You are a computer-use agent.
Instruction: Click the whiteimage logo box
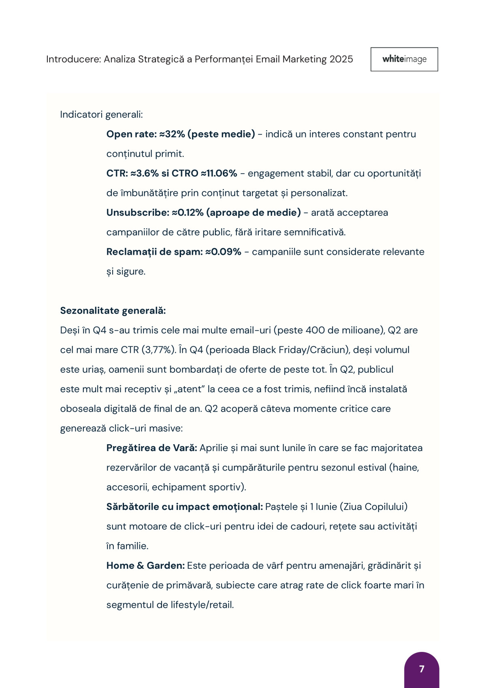click(404, 59)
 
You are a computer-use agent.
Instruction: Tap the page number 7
click(422, 669)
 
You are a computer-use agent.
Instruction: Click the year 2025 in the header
click(341, 59)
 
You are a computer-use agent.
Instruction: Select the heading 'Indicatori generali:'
click(101, 114)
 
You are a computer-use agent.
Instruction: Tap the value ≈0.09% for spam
click(223, 252)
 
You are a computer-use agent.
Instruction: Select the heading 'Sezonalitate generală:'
click(113, 311)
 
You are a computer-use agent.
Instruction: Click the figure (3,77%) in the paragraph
click(159, 350)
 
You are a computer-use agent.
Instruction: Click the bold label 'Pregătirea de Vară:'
click(151, 448)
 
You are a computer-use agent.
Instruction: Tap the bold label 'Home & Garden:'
click(145, 565)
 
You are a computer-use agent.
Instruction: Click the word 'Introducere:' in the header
click(73, 59)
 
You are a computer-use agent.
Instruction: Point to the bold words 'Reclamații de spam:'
click(154, 252)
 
